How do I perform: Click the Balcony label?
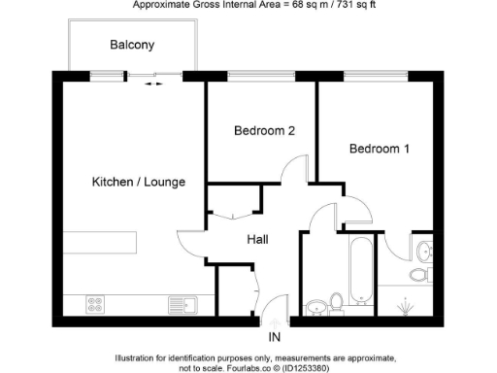132,45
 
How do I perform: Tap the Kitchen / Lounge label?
138,182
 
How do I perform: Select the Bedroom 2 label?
263,130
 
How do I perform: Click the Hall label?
257,239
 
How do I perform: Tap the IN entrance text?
275,338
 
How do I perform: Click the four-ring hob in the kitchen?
96,304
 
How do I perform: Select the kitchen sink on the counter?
182,304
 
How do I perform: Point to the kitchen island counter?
101,240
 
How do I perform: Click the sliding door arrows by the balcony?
153,85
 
